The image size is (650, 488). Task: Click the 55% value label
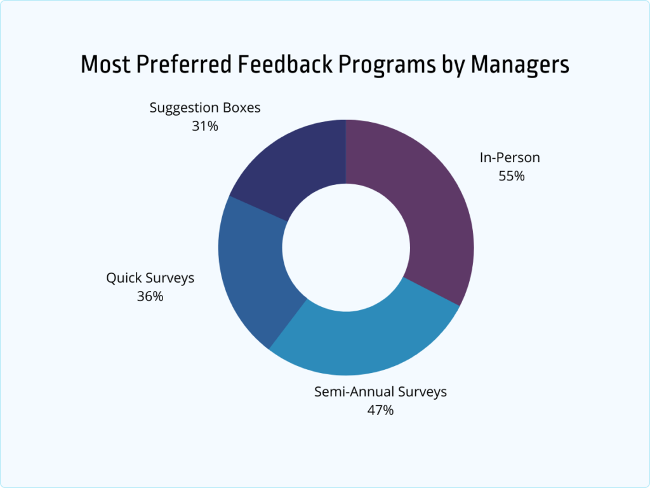point(512,176)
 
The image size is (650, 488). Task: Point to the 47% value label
point(380,410)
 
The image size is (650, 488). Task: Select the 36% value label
point(150,296)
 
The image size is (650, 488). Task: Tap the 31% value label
point(204,126)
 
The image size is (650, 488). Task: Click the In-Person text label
point(510,158)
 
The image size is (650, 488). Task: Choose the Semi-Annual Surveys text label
point(380,391)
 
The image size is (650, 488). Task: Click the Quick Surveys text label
point(150,278)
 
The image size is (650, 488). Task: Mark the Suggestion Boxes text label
point(205,107)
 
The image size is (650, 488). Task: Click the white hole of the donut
point(346,248)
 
